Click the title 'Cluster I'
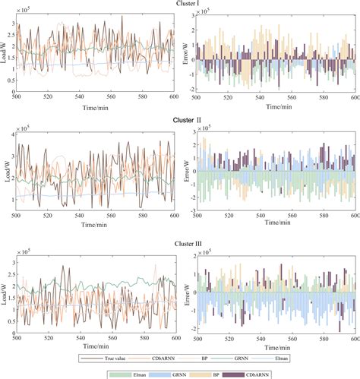coord(178,5)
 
